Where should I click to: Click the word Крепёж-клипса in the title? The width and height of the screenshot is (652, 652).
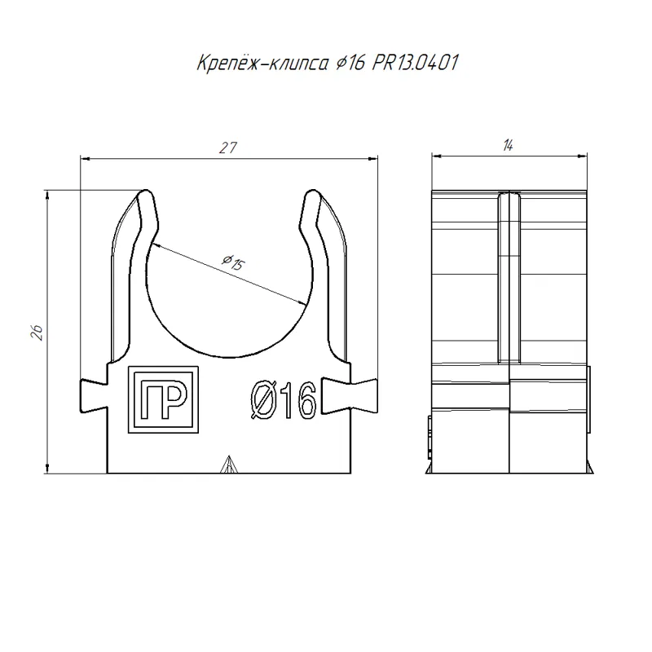click(x=262, y=64)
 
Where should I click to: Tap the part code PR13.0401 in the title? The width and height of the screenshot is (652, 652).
click(x=415, y=64)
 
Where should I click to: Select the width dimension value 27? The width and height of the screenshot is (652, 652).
click(x=228, y=148)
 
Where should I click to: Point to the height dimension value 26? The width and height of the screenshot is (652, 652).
click(x=37, y=333)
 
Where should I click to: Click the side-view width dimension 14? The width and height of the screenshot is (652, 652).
click(x=508, y=146)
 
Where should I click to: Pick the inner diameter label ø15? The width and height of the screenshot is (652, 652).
click(x=234, y=262)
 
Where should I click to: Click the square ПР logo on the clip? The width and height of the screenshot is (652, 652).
click(x=163, y=399)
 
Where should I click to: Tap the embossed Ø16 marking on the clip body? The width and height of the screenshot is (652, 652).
click(x=284, y=400)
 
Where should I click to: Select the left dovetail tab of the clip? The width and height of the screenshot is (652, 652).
click(x=94, y=396)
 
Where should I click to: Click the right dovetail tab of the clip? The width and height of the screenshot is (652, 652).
click(x=350, y=396)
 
